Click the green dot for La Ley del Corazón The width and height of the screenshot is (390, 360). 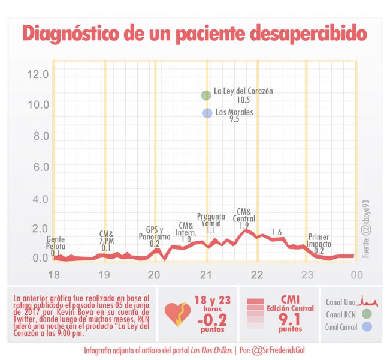[206, 95]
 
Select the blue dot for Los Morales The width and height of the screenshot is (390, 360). [207, 112]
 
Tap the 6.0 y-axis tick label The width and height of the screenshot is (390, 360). [40, 166]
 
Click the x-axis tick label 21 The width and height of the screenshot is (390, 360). [207, 274]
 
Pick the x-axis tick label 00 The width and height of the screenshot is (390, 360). [357, 274]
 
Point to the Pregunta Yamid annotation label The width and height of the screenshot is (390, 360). [211, 220]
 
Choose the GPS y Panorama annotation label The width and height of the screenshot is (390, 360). [155, 233]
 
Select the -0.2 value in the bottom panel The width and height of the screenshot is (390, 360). [212, 319]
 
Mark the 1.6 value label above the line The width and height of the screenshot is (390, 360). [277, 232]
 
